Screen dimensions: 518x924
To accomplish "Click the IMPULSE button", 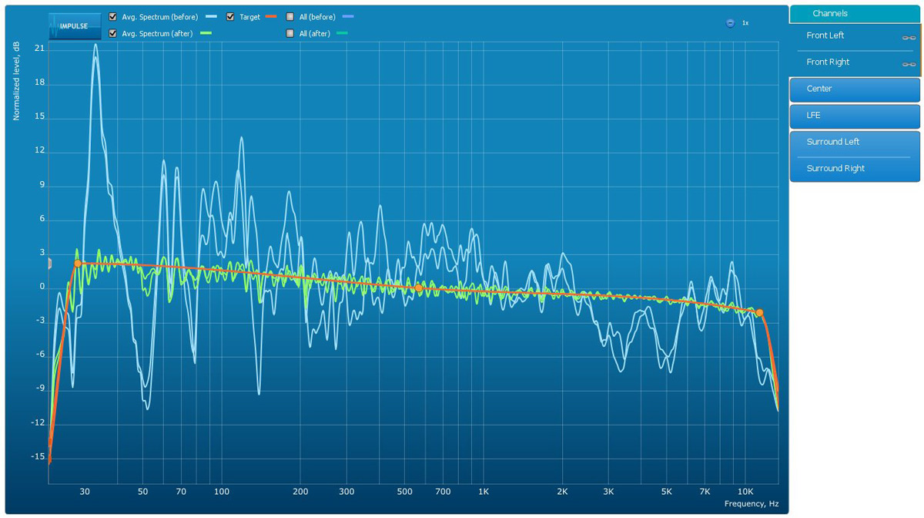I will [x=74, y=25].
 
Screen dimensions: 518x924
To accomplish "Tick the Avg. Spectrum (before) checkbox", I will [x=113, y=16].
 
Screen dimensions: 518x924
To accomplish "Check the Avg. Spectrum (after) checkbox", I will [x=113, y=33].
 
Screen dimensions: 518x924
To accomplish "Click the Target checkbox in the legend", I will [x=230, y=16].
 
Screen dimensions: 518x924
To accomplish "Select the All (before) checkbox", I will [x=290, y=16].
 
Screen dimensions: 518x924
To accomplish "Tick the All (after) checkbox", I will [x=290, y=33].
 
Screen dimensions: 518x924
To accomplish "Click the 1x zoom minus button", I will [x=730, y=23].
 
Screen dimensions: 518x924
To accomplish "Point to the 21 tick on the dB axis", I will [x=39, y=48].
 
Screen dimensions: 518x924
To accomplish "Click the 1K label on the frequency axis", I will [x=484, y=491].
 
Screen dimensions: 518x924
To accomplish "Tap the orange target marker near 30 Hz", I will [x=78, y=264].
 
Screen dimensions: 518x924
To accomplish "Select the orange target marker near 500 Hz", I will [x=419, y=288].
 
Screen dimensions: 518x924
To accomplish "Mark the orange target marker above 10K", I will [x=759, y=313].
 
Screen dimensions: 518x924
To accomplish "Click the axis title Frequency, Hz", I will [x=751, y=503].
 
